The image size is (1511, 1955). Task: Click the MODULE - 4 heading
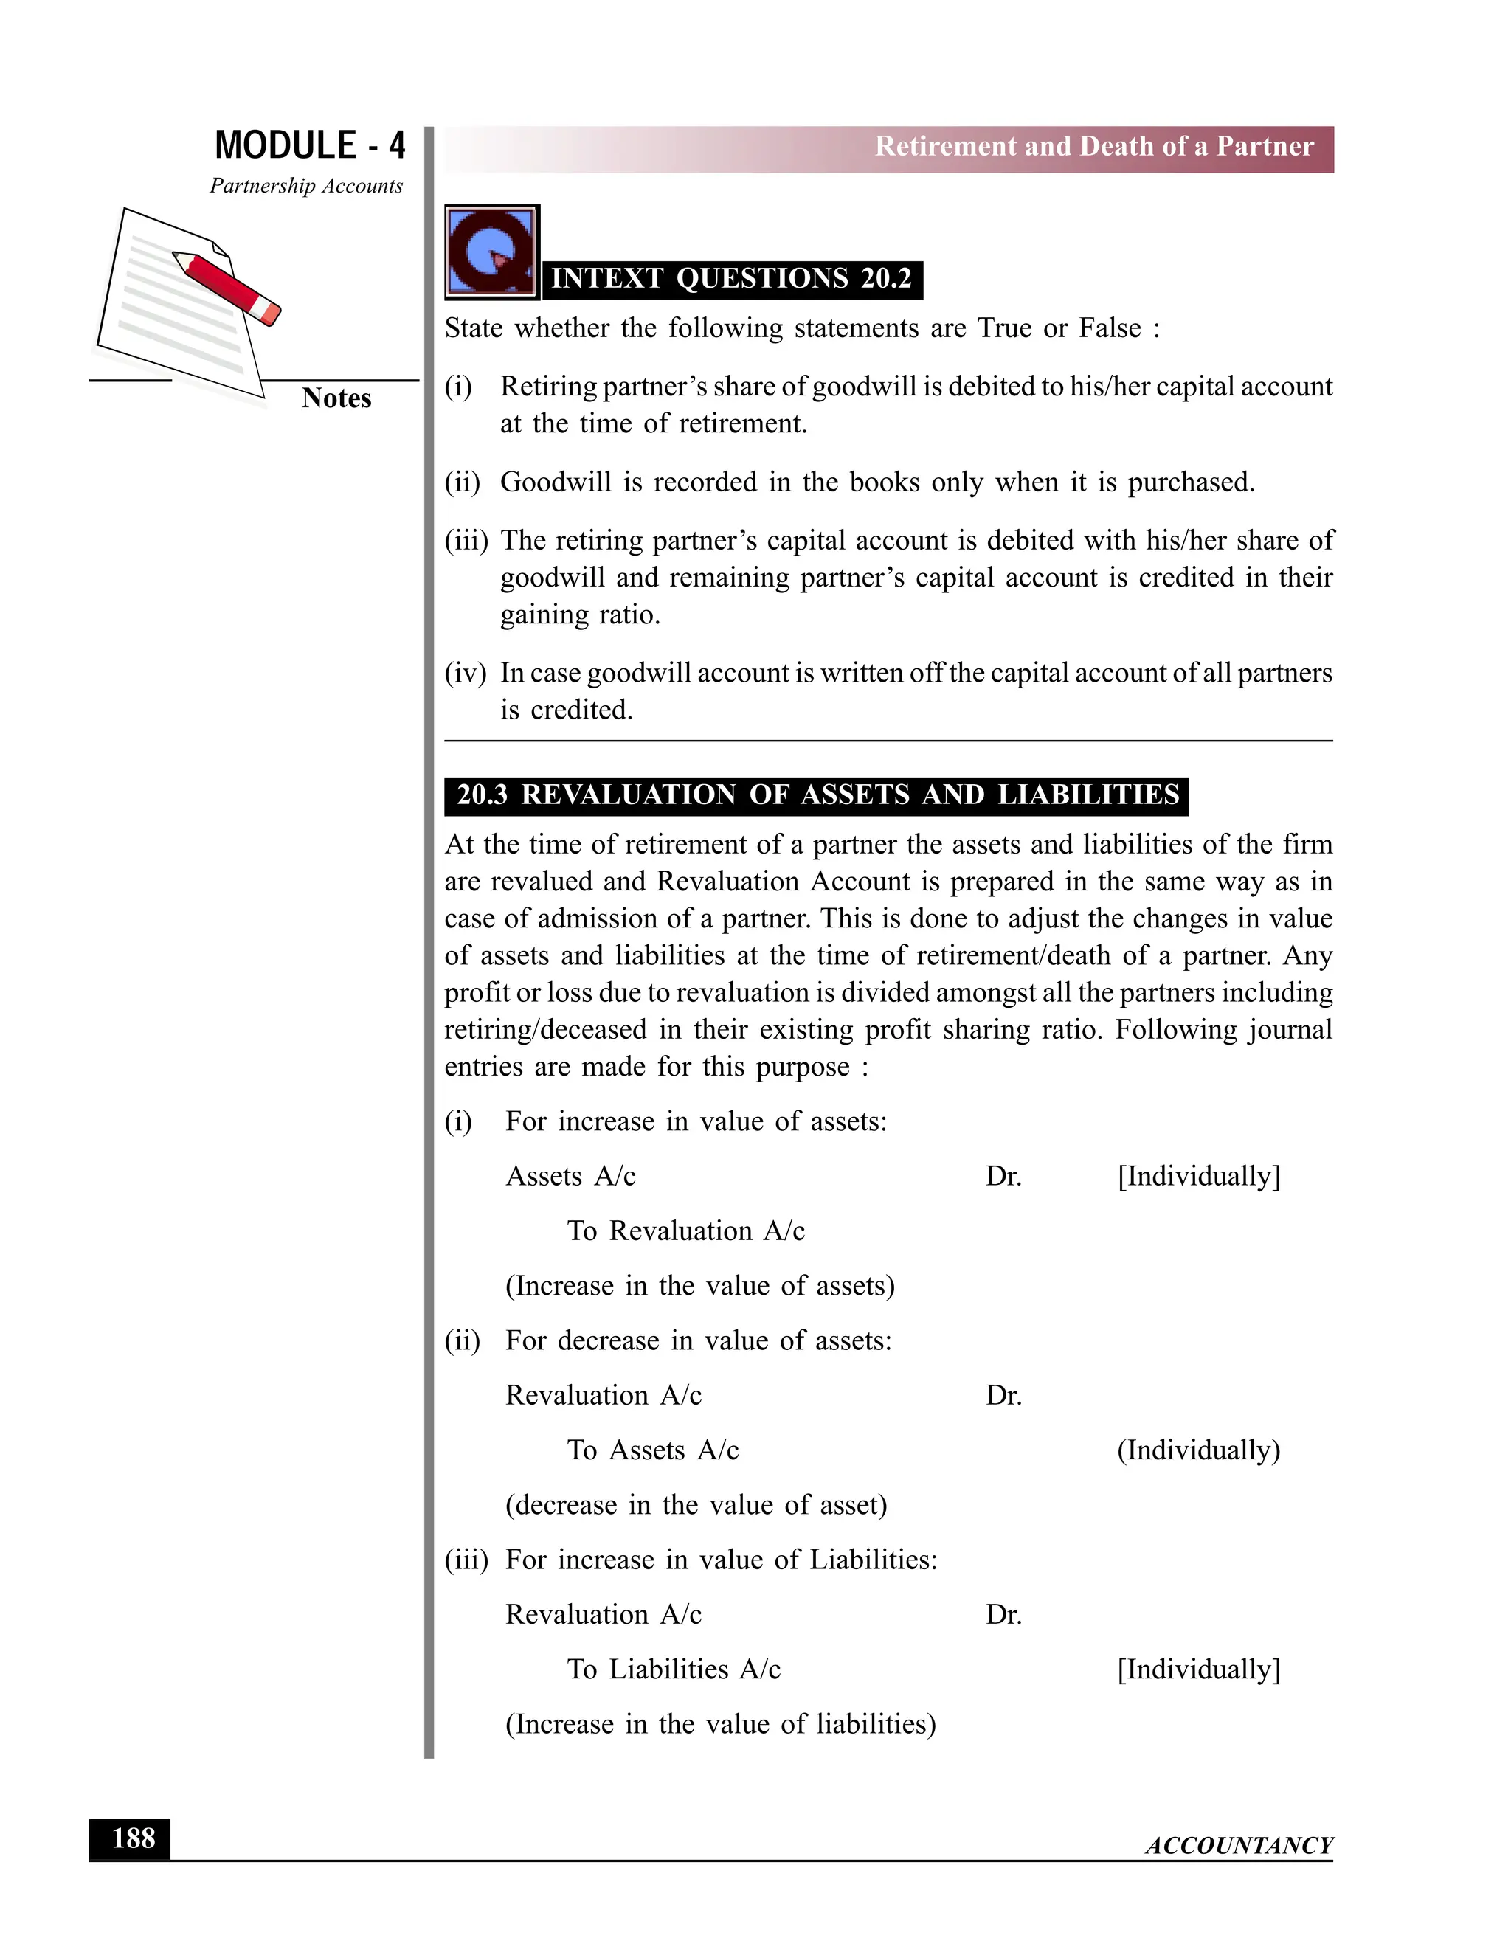coord(310,145)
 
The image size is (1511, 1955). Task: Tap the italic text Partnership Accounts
coord(306,186)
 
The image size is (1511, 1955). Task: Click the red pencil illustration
coord(227,286)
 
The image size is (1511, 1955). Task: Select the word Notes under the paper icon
coord(336,398)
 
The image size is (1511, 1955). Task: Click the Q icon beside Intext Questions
coord(491,252)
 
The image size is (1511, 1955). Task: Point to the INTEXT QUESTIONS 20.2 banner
coord(731,280)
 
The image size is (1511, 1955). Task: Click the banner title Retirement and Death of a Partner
coord(1094,147)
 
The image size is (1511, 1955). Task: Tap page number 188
coord(131,1839)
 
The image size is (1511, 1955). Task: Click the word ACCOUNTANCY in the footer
coord(1239,1846)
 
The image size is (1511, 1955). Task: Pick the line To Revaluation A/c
coord(685,1232)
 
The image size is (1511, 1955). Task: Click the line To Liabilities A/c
coord(673,1670)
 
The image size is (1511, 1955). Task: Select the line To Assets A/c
coord(652,1451)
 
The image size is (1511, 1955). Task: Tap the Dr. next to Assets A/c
coord(1003,1177)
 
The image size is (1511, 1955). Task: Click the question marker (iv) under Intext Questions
coord(465,673)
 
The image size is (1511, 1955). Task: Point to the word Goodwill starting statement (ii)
coord(554,482)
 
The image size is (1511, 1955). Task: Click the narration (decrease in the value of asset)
coord(696,1506)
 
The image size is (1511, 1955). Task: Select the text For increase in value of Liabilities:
coord(721,1560)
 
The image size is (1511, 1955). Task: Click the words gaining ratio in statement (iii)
coord(579,616)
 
